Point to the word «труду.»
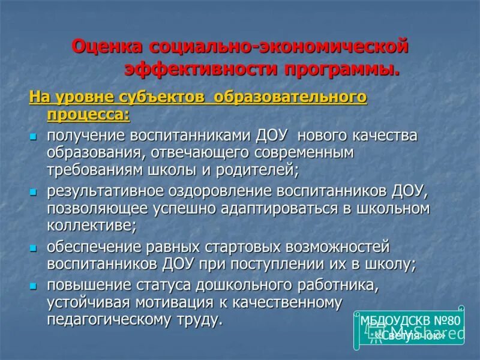196,319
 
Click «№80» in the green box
445,320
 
